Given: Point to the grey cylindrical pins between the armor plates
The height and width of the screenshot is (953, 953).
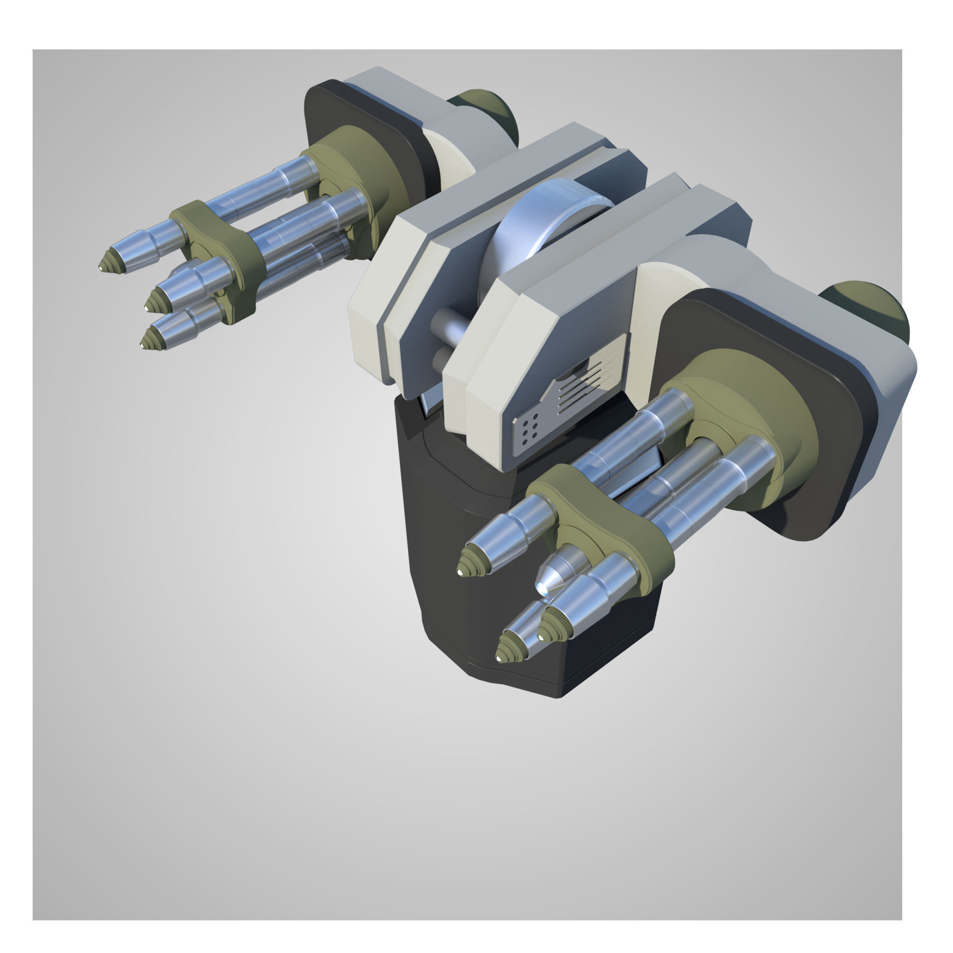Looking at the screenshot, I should pos(446,336).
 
